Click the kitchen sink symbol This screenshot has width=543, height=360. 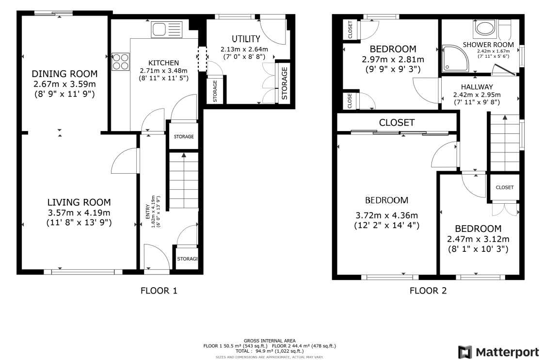pyautogui.click(x=166, y=30)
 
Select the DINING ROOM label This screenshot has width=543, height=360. pyautogui.click(x=65, y=74)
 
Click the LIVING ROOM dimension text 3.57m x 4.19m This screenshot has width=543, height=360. pyautogui.click(x=79, y=213)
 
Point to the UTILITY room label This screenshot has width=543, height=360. pyautogui.click(x=246, y=39)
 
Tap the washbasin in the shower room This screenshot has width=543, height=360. pyautogui.click(x=483, y=28)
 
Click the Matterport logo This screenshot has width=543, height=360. pyautogui.click(x=499, y=351)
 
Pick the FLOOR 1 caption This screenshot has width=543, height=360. pyautogui.click(x=159, y=291)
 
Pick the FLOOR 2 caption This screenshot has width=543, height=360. pyautogui.click(x=428, y=291)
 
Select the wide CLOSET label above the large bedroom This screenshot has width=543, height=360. pyautogui.click(x=397, y=123)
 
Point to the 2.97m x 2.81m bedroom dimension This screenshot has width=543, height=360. pyautogui.click(x=393, y=59)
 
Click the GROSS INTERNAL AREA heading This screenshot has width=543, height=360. pyautogui.click(x=270, y=341)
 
